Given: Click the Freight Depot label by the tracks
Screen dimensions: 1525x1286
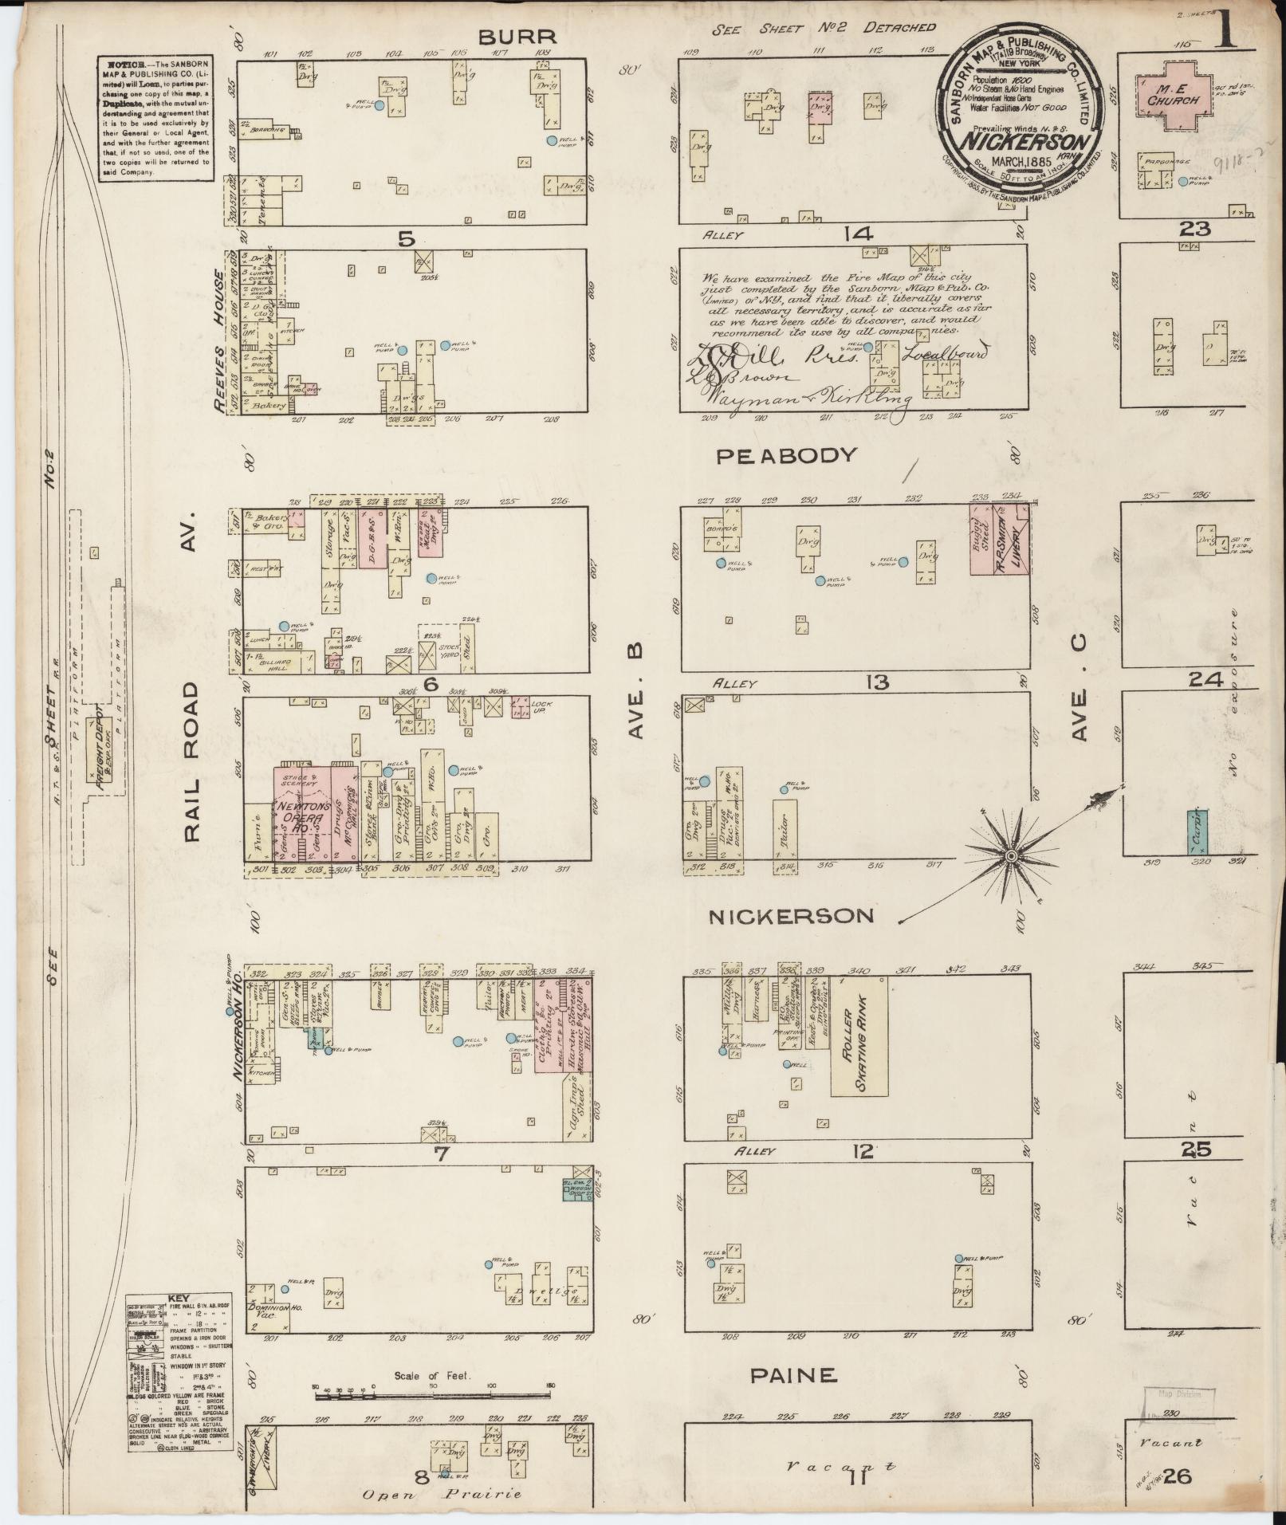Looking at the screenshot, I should point(101,749).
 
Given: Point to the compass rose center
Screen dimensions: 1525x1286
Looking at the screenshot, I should point(1010,856).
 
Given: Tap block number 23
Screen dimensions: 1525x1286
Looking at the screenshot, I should point(1195,230).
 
